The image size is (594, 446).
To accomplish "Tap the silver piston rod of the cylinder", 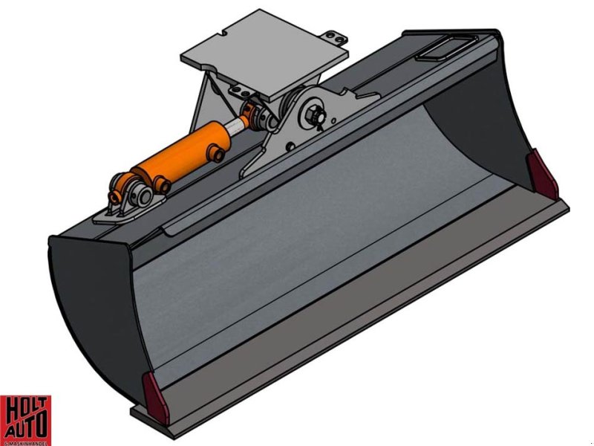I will click(237, 127).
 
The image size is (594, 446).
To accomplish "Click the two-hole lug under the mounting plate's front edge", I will click(241, 90).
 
